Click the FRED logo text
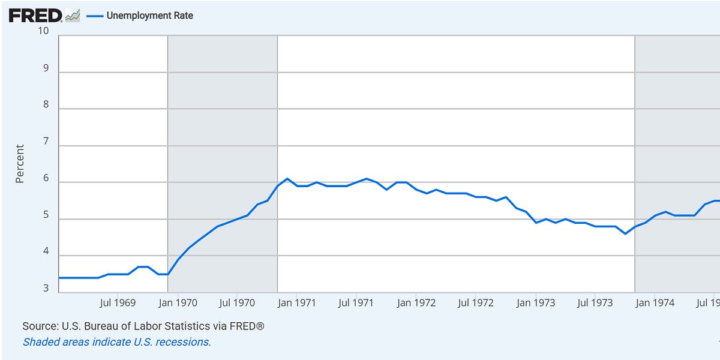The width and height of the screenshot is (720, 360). [35, 16]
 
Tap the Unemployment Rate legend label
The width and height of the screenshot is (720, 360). [149, 16]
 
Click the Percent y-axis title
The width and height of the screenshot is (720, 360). [20, 163]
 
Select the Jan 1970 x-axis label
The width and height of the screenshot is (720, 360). [178, 303]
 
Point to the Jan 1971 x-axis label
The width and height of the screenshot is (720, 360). [296, 303]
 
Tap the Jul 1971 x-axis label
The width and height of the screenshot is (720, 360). [356, 303]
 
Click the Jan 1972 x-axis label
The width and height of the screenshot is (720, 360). [416, 303]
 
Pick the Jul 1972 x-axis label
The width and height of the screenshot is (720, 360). [475, 303]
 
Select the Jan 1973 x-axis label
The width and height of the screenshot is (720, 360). [535, 303]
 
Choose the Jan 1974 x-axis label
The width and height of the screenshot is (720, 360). [655, 303]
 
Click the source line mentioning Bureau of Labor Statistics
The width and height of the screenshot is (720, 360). [143, 326]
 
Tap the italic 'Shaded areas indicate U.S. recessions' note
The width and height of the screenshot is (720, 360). [117, 342]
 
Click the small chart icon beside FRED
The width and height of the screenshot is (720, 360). [73, 16]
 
